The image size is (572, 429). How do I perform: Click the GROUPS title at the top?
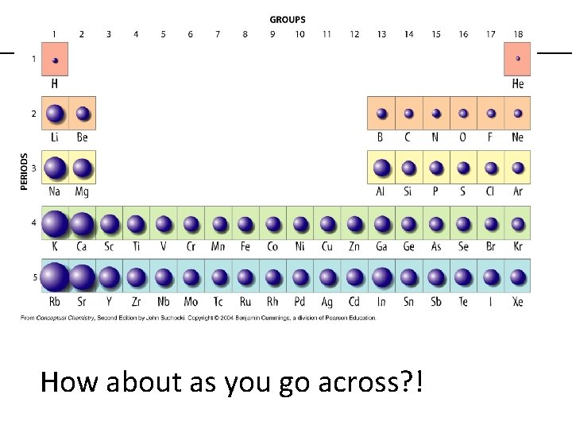[288, 20]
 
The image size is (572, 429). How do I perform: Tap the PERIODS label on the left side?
[24, 171]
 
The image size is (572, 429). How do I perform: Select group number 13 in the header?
[381, 34]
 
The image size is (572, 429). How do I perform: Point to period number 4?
[34, 223]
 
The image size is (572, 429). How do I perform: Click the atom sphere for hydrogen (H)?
[55, 59]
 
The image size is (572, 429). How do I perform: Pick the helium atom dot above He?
[518, 59]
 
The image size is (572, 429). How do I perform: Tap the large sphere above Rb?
[54, 277]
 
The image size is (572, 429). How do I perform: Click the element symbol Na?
[55, 191]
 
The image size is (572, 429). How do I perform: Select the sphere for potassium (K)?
[54, 223]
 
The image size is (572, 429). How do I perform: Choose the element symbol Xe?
[518, 301]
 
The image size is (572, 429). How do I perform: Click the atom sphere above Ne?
[518, 114]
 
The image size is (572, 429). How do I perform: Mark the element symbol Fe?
[245, 246]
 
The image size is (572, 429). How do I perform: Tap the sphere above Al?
[381, 168]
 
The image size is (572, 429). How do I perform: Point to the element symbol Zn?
[354, 246]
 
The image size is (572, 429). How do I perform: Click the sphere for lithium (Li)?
[55, 114]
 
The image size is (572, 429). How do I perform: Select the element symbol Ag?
[327, 301]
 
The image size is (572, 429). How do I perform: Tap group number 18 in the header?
[518, 34]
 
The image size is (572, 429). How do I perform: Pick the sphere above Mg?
[82, 168]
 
